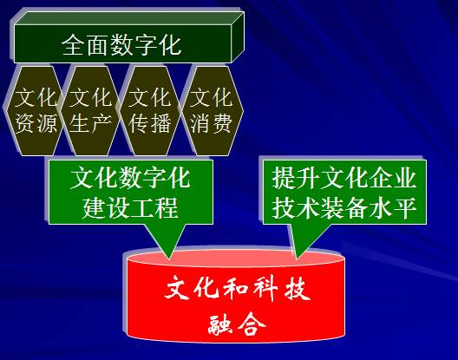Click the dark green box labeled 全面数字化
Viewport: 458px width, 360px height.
121,44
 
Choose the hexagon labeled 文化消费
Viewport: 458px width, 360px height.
210,110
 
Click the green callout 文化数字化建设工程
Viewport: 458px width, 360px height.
130,193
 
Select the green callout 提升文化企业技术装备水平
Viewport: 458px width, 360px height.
344,193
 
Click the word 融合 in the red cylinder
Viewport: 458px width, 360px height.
234,327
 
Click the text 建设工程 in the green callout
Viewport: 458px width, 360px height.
130,207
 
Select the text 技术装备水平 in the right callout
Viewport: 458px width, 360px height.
344,207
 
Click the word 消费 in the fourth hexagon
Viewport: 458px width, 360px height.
210,123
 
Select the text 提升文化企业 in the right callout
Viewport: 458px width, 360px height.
344,180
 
